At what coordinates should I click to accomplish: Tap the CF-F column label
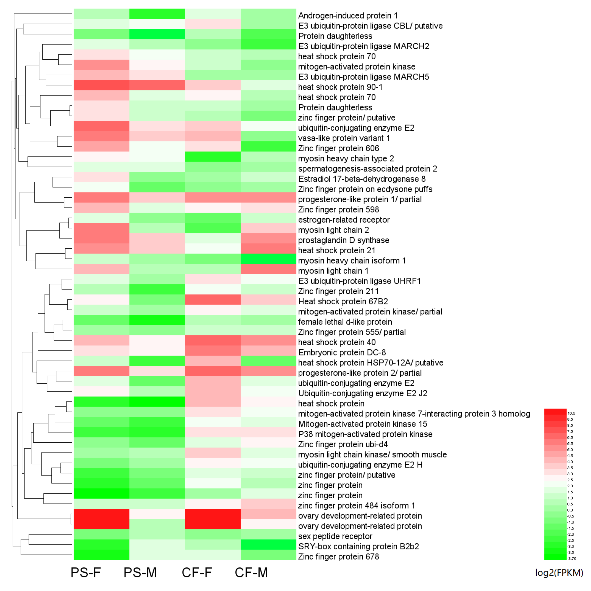click(x=197, y=573)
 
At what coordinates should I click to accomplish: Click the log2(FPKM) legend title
click(x=559, y=573)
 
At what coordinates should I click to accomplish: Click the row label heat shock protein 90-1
click(x=340, y=87)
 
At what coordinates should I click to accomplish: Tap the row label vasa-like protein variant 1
click(x=344, y=138)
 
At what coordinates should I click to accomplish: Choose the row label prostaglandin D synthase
click(x=344, y=240)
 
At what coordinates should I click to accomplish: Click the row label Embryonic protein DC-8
click(x=342, y=353)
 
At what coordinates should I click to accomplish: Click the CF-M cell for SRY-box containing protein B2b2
click(x=268, y=546)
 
